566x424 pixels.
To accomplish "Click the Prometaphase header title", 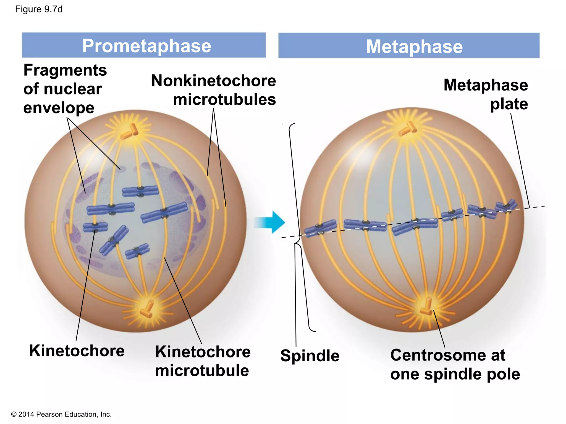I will point(146,46).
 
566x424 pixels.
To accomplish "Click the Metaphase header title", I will point(414,46).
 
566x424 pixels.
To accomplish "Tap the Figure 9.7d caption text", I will point(39,9).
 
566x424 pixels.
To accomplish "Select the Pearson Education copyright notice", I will point(61,414).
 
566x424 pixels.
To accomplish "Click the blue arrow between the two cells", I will point(270,222).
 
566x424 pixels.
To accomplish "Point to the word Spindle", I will point(310,356).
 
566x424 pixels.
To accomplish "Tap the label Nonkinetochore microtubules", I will point(214,90).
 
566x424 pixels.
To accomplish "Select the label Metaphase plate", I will point(486,94).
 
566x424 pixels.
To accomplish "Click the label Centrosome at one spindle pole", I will point(455,364).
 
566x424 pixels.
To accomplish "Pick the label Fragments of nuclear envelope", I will point(65,89).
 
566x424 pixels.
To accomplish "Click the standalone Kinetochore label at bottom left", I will point(77,351).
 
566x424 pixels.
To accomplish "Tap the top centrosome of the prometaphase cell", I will point(129,132).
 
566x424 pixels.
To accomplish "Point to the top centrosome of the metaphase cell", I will point(408,129).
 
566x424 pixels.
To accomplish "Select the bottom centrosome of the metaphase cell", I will point(426,307).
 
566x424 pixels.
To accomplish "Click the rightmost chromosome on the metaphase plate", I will point(506,206).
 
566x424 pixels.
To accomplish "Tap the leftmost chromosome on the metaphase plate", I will point(320,228).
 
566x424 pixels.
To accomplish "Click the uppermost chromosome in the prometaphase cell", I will point(140,191).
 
